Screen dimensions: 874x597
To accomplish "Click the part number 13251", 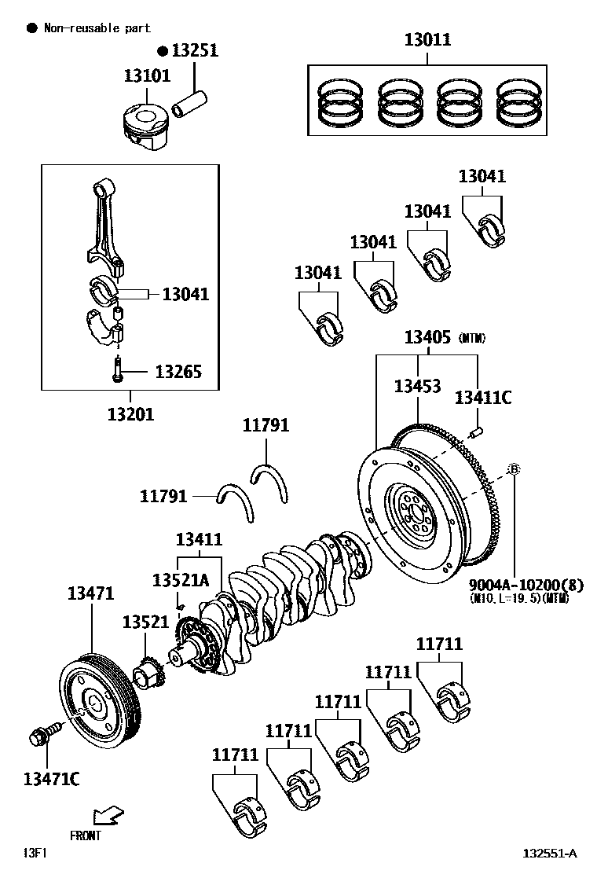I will [x=195, y=50].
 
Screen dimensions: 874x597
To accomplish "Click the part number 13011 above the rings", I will [x=427, y=39].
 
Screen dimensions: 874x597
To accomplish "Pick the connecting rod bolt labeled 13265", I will [x=117, y=370].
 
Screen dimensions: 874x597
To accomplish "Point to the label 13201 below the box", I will [x=130, y=413].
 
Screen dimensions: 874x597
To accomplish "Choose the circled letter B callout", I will [x=514, y=469].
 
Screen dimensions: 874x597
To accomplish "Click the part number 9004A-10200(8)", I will [x=515, y=585].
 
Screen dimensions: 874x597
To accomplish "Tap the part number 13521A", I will [x=181, y=580].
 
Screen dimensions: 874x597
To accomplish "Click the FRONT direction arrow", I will [x=106, y=814].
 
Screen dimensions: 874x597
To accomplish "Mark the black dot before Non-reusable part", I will [x=32, y=28].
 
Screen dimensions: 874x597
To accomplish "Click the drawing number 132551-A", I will [x=550, y=854].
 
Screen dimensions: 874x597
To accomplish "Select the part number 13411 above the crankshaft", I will [x=199, y=539].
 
